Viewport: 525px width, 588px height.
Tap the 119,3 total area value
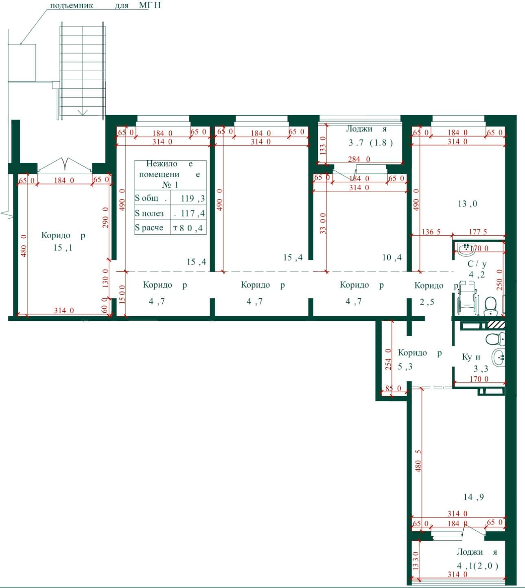192,199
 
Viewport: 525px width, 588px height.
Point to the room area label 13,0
467,204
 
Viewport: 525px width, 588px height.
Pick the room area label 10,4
392,257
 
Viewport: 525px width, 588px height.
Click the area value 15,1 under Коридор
63,247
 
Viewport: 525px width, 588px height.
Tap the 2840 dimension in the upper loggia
359,159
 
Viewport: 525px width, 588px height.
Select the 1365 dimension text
431,232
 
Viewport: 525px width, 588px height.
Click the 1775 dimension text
478,232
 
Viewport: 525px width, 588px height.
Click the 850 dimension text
393,388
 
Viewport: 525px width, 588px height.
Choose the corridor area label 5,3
405,367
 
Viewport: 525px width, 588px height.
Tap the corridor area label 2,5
427,302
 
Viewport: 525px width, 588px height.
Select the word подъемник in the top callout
72,6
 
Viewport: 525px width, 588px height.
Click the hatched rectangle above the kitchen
496,324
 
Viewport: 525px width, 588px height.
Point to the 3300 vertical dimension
323,223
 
